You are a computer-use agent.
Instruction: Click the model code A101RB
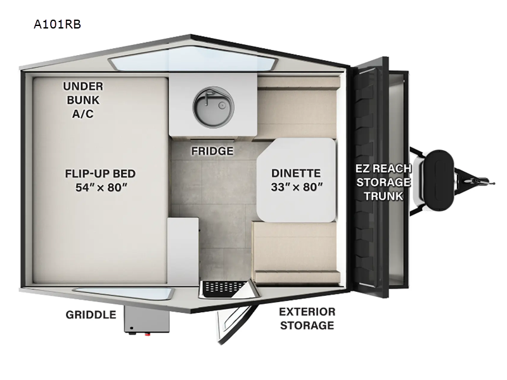[x=57, y=24]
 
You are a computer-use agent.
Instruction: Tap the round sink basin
[x=214, y=106]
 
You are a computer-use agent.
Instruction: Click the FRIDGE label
[x=212, y=151]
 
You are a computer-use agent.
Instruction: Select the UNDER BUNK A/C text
[x=83, y=100]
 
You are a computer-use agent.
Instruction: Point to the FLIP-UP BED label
[x=100, y=174]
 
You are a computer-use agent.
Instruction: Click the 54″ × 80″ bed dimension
[x=101, y=187]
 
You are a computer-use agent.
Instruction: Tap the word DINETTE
[x=296, y=173]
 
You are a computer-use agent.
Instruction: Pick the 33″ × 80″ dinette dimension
[x=297, y=187]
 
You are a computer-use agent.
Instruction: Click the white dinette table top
[x=296, y=180]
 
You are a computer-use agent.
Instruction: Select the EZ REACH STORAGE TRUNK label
[x=383, y=182]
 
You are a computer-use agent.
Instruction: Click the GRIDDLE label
[x=91, y=315]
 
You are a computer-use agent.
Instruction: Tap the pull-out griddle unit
[x=147, y=319]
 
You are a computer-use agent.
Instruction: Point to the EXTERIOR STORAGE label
[x=307, y=319]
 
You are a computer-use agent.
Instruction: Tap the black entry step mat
[x=223, y=288]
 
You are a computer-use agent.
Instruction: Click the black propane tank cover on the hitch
[x=439, y=180]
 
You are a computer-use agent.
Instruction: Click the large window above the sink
[x=193, y=59]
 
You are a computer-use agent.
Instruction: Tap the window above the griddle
[x=124, y=293]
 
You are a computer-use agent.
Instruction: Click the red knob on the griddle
[x=148, y=334]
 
